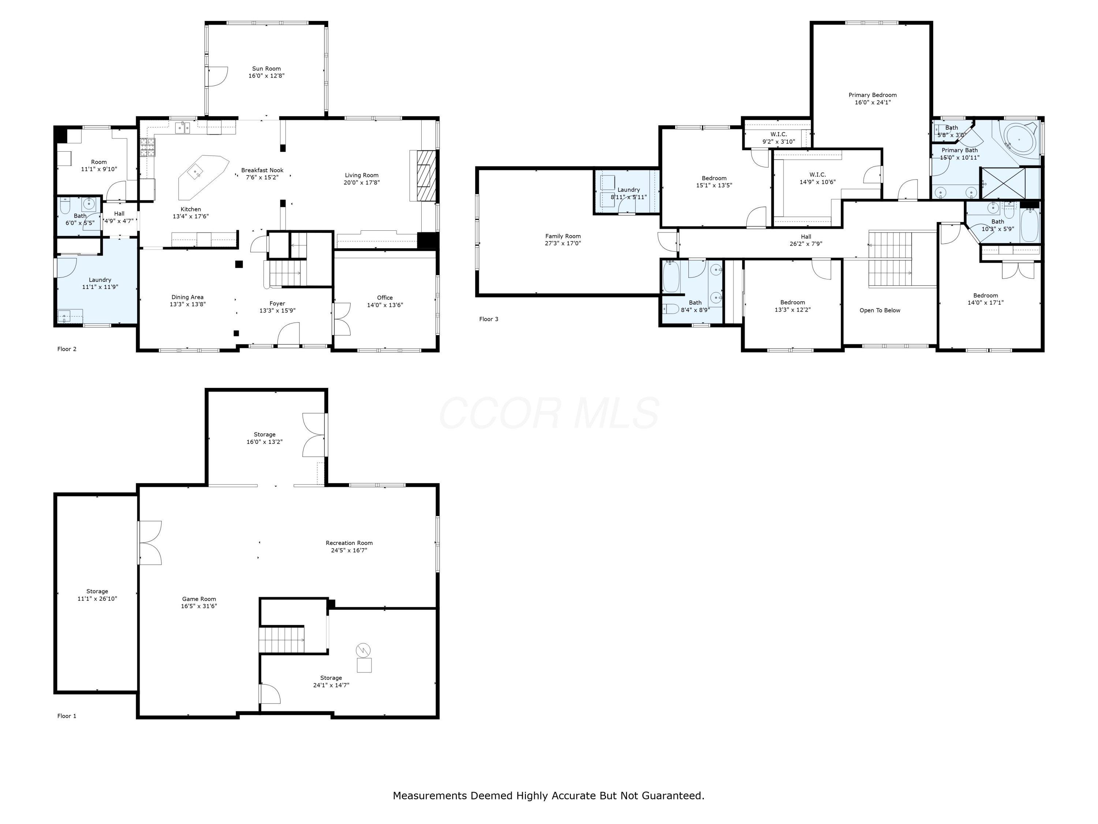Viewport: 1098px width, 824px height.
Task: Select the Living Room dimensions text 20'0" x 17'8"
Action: coord(362,183)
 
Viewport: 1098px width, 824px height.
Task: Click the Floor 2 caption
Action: coord(67,349)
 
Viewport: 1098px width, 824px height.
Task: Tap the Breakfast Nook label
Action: coord(262,170)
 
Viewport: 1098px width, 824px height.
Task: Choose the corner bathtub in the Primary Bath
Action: coord(1019,140)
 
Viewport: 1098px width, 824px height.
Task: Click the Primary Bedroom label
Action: coord(873,95)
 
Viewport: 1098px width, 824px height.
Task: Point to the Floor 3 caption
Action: coord(489,319)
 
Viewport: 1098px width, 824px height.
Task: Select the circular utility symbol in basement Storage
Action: coord(364,650)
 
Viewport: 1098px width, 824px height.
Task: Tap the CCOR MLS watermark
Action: coord(549,413)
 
